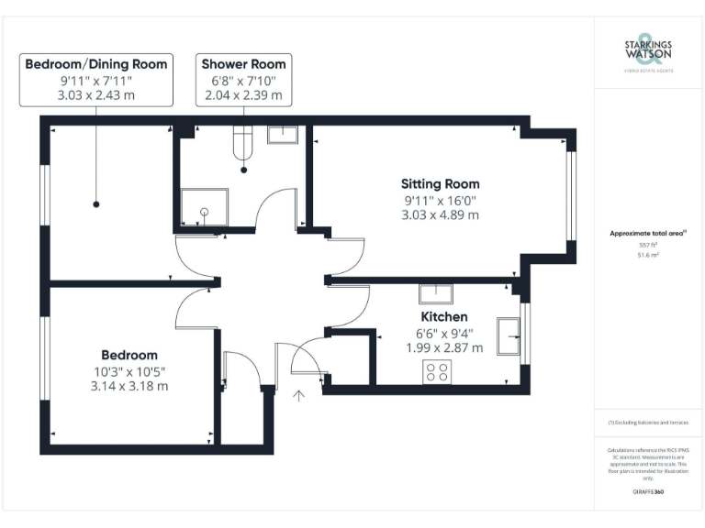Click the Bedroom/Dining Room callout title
tap(95, 64)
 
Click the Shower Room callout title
tap(243, 64)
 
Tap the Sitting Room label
tap(440, 184)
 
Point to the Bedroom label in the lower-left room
tap(129, 355)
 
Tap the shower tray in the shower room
tap(201, 209)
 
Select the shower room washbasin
tap(281, 136)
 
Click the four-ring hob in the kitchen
tap(436, 371)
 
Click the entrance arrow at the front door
tap(298, 396)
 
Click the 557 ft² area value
tap(648, 246)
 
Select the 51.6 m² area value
tap(648, 256)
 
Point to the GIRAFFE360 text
tap(648, 492)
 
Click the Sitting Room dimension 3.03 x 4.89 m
tap(440, 215)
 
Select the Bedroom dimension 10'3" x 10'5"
tap(129, 370)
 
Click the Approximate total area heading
tap(648, 234)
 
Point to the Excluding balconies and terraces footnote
tap(648, 423)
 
